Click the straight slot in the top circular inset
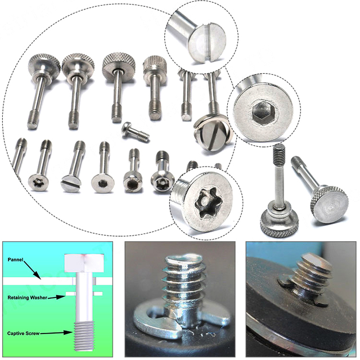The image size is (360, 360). (208, 42)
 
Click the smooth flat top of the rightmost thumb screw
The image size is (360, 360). (328, 203)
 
